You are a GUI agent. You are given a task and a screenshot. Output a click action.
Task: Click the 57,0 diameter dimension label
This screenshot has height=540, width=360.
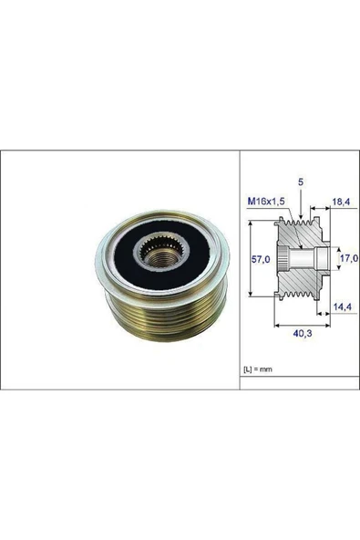coord(261,259)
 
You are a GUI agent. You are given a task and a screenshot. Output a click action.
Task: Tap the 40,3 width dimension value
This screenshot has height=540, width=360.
coord(303,333)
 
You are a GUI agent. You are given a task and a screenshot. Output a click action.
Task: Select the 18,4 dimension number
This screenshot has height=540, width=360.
coord(341,202)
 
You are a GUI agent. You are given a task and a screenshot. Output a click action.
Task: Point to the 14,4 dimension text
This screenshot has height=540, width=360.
coord(342,306)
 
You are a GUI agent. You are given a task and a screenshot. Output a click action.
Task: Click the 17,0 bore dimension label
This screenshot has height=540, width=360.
coord(349,257)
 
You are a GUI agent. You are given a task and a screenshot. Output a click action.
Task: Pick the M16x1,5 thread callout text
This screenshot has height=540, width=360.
coord(266,202)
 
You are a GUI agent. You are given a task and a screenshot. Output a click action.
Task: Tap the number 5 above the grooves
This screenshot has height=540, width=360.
coord(301,182)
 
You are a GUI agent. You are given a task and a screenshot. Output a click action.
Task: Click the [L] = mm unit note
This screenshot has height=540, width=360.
coord(258,369)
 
